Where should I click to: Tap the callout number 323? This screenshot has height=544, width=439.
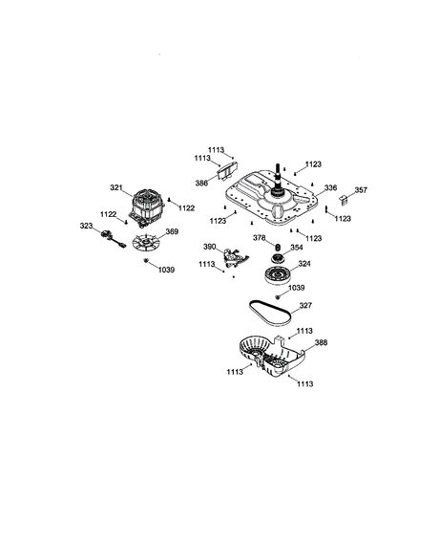coord(85,226)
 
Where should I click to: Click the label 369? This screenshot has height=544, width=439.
coord(172,230)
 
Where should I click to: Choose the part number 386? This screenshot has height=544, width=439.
coord(202,182)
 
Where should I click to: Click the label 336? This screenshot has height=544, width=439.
coord(331,188)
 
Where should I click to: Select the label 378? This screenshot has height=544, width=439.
coord(259,237)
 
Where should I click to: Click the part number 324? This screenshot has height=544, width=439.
coord(303,263)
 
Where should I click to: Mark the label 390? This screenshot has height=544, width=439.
coord(209,247)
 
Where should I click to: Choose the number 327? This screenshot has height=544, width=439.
coord(305,307)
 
